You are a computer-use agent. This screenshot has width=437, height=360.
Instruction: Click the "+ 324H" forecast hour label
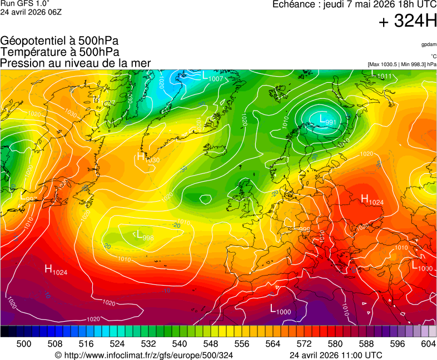(x=407, y=22)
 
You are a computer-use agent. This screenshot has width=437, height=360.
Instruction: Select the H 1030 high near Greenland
(x=148, y=158)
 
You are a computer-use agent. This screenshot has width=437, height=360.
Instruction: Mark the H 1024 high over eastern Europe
(x=372, y=200)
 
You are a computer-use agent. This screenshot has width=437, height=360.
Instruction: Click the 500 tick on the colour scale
(x=24, y=344)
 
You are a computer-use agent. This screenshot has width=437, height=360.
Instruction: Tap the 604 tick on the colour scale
(x=428, y=344)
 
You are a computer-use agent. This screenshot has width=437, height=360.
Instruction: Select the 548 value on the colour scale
(x=211, y=344)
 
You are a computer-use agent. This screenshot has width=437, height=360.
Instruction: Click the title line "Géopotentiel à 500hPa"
(x=59, y=41)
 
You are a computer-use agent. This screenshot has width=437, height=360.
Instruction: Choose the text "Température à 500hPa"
(x=59, y=52)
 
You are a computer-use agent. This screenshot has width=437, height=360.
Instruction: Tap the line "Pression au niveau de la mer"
(x=76, y=63)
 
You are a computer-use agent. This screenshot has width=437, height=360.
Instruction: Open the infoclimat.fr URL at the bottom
(x=143, y=355)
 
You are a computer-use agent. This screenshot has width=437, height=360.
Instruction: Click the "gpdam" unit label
(x=428, y=44)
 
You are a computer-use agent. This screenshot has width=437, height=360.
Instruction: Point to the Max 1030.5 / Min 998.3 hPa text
(x=402, y=64)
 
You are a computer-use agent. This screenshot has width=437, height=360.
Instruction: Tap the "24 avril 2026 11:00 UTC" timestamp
(x=336, y=355)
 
